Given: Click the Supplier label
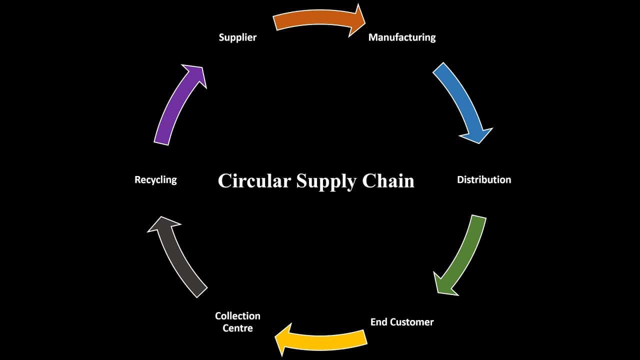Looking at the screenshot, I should [x=237, y=37].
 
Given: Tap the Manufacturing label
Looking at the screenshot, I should [x=402, y=37].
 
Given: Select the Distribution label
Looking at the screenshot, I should [x=484, y=179].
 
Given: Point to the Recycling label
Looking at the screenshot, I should [x=155, y=179].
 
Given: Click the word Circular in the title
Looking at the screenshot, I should [x=253, y=180].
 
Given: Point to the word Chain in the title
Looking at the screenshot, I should [x=388, y=180].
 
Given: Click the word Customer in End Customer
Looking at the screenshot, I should [x=413, y=322].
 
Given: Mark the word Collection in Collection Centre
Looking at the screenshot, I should [x=237, y=316].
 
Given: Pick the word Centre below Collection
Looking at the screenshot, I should [x=237, y=328].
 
